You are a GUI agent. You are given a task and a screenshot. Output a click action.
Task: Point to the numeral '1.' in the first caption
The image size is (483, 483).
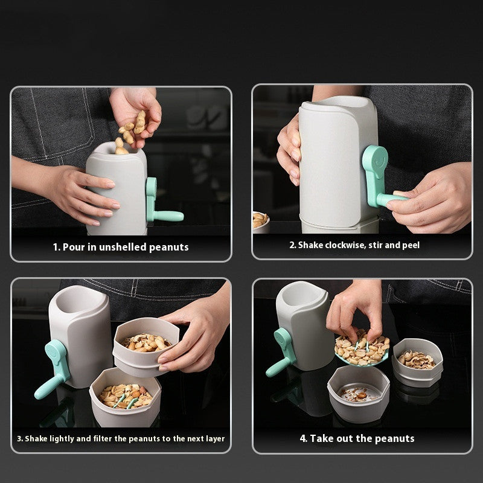56,247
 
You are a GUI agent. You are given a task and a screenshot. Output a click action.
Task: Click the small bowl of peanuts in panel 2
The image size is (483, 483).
260,220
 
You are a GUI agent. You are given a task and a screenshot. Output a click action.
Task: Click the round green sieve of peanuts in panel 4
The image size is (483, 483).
361,350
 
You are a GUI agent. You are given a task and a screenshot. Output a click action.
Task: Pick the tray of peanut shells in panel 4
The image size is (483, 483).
417,361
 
